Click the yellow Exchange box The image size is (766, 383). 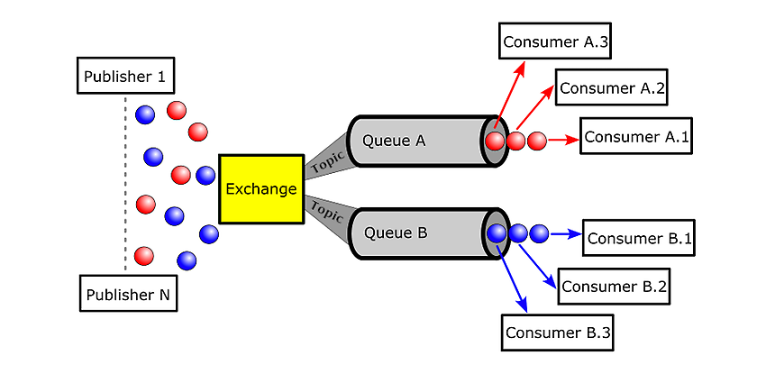[x=261, y=189]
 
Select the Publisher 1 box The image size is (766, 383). [x=125, y=76]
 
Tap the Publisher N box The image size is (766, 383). [x=128, y=294]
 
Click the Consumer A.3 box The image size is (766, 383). [x=555, y=41]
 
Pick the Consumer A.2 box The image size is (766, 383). [x=611, y=87]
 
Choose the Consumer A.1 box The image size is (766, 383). [x=636, y=136]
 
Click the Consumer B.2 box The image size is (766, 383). [x=614, y=286]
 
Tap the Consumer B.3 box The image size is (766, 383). [x=558, y=333]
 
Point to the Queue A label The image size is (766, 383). [x=394, y=141]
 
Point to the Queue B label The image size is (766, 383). [x=396, y=233]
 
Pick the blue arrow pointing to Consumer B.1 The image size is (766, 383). [x=566, y=234]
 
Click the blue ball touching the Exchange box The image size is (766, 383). [x=205, y=176]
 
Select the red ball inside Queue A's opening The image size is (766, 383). [x=495, y=141]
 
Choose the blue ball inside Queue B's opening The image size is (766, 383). [x=497, y=233]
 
